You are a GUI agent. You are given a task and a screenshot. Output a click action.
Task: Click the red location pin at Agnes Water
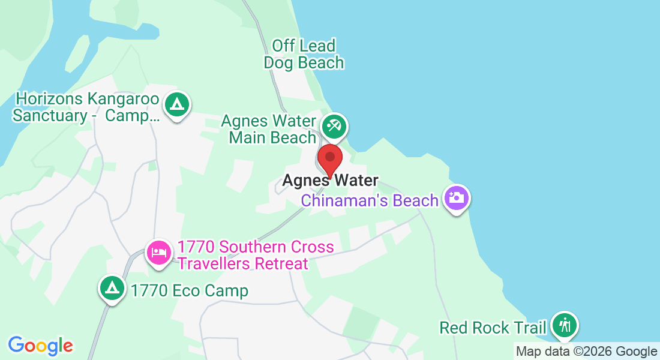(x=329, y=159)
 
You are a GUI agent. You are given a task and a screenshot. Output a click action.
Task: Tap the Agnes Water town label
(x=330, y=180)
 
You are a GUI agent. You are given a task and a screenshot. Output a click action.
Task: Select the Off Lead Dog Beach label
(x=304, y=54)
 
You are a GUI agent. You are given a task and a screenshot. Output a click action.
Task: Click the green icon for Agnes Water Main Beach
(x=333, y=126)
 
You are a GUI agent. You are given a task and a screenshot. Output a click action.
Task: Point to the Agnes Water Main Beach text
(x=269, y=129)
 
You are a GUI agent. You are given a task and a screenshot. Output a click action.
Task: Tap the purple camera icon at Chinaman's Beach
(x=457, y=197)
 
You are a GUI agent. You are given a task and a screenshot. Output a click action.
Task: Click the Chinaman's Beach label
(x=370, y=200)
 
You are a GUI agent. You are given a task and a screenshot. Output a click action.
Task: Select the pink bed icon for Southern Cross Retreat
(x=159, y=253)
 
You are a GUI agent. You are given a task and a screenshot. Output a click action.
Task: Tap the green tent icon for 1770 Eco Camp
(x=112, y=289)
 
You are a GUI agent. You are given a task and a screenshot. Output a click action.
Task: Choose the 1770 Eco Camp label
(x=189, y=292)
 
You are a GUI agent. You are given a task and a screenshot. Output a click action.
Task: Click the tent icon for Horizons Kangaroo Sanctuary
(x=176, y=104)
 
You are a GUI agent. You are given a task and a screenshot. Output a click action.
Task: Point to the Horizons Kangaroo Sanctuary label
(x=87, y=107)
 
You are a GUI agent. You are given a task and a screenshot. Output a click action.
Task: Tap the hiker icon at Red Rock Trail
(x=564, y=325)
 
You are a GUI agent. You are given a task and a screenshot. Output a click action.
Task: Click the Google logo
(x=40, y=346)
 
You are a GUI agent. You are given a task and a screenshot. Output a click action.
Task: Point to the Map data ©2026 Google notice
(x=587, y=352)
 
